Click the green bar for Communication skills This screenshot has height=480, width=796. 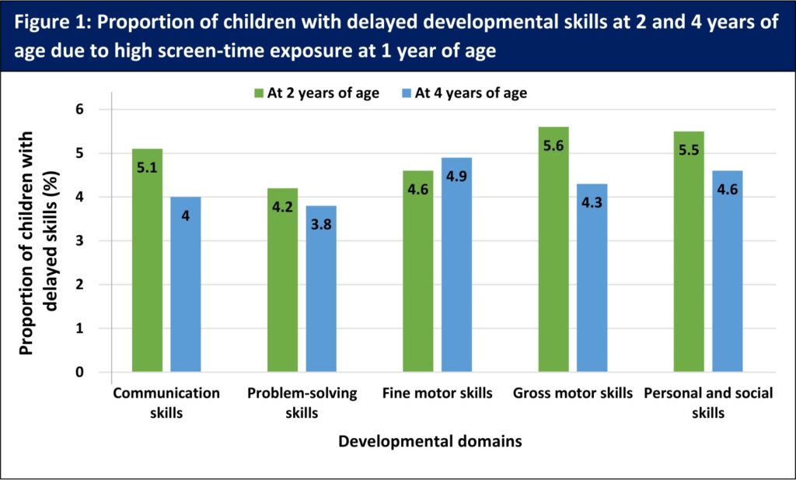[x=147, y=260]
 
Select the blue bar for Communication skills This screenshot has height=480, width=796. [x=185, y=284]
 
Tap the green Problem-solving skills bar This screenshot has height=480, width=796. [x=283, y=280]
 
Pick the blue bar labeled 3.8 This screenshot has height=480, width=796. [x=321, y=289]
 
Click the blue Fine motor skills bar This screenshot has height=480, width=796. [x=456, y=265]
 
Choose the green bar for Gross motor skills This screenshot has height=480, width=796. [x=553, y=250]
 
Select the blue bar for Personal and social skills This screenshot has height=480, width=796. [x=728, y=272]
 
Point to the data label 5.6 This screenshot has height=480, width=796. [x=553, y=145]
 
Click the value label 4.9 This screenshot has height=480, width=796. [x=456, y=177]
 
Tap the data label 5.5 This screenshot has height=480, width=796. [x=689, y=150]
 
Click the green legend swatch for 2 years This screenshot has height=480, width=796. [x=259, y=93]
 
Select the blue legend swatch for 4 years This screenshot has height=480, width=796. [x=406, y=93]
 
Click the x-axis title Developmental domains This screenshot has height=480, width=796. [x=430, y=441]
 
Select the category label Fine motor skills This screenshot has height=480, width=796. [x=437, y=393]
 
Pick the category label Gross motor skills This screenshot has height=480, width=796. [x=573, y=393]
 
